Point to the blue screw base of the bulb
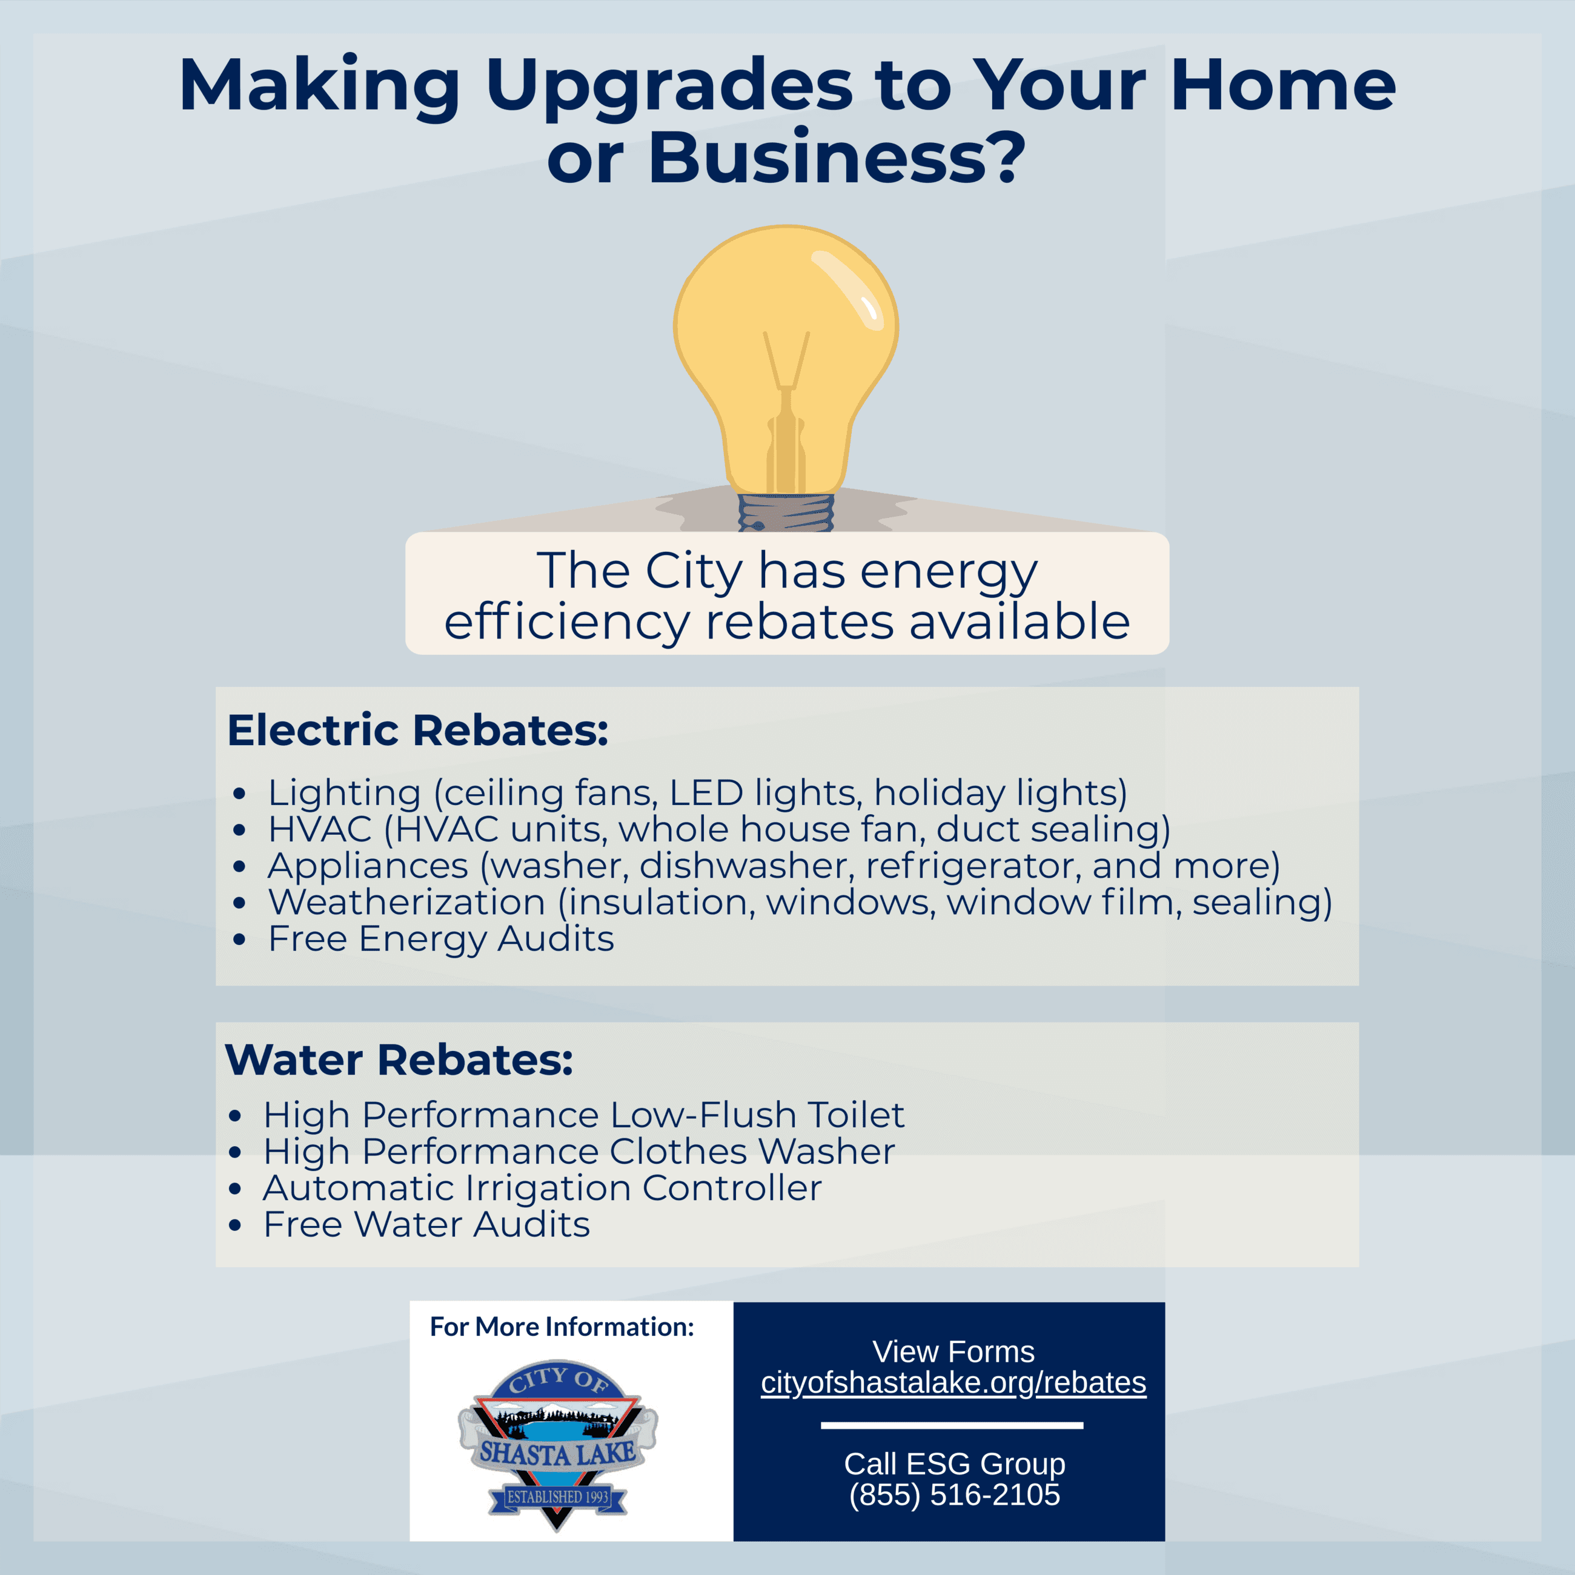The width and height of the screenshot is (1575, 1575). [786, 512]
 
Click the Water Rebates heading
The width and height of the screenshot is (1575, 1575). [399, 1059]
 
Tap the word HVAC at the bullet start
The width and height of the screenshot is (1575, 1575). [320, 830]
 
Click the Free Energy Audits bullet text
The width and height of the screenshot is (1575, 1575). [441, 939]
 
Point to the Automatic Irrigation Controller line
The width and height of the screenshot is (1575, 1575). [542, 1188]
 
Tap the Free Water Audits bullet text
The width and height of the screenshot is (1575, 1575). [426, 1224]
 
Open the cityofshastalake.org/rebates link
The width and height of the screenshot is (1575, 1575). [953, 1382]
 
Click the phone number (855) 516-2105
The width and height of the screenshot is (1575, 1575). [954, 1494]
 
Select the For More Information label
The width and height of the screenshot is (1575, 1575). [562, 1327]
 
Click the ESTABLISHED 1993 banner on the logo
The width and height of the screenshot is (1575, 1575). [557, 1497]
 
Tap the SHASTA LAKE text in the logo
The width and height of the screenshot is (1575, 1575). [557, 1453]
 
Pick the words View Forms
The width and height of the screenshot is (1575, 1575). [953, 1351]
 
